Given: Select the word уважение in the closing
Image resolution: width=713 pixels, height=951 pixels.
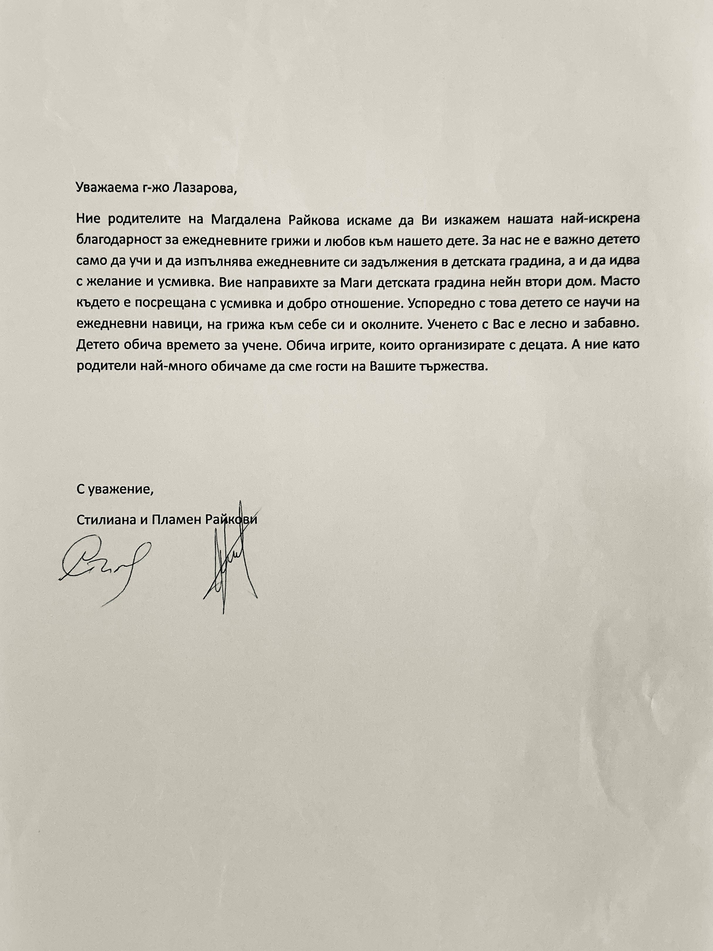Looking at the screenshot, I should pyautogui.click(x=120, y=490).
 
